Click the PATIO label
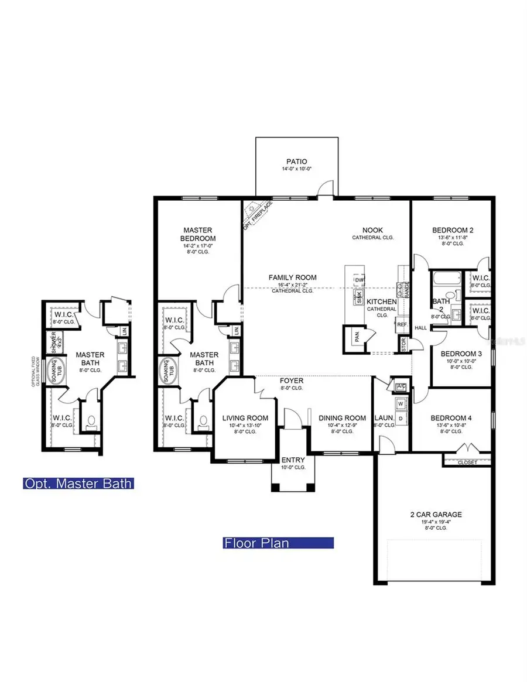click(296, 162)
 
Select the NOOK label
click(372, 231)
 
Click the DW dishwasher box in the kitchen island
click(358, 280)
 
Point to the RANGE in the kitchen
click(405, 287)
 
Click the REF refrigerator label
click(402, 324)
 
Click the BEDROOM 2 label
click(453, 230)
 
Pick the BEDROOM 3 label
click(461, 354)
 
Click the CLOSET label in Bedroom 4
click(467, 462)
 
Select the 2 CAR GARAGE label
click(435, 515)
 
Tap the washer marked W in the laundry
click(401, 403)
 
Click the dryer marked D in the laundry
click(401, 419)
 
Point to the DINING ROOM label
click(342, 418)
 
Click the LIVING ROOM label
click(245, 418)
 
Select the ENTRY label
click(293, 460)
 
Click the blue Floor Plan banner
click(278, 543)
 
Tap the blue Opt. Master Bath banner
click(78, 484)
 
